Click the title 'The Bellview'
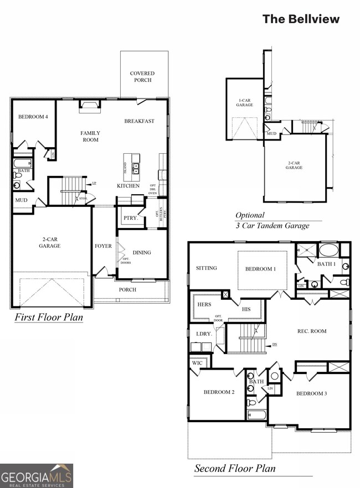tap(301, 19)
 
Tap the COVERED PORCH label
tap(142, 76)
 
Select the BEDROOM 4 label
tap(33, 117)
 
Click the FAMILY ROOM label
tap(90, 136)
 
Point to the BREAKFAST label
tap(139, 121)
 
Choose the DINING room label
tap(142, 252)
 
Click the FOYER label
tap(103, 246)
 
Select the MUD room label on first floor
tap(21, 200)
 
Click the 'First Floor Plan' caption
tap(48, 318)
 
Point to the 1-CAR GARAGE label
tap(245, 102)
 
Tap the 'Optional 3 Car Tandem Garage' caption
tap(272, 220)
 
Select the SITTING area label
tap(206, 268)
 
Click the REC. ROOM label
tap(312, 331)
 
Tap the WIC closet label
tap(198, 364)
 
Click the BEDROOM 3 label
tap(311, 393)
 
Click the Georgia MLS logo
tap(37, 475)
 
